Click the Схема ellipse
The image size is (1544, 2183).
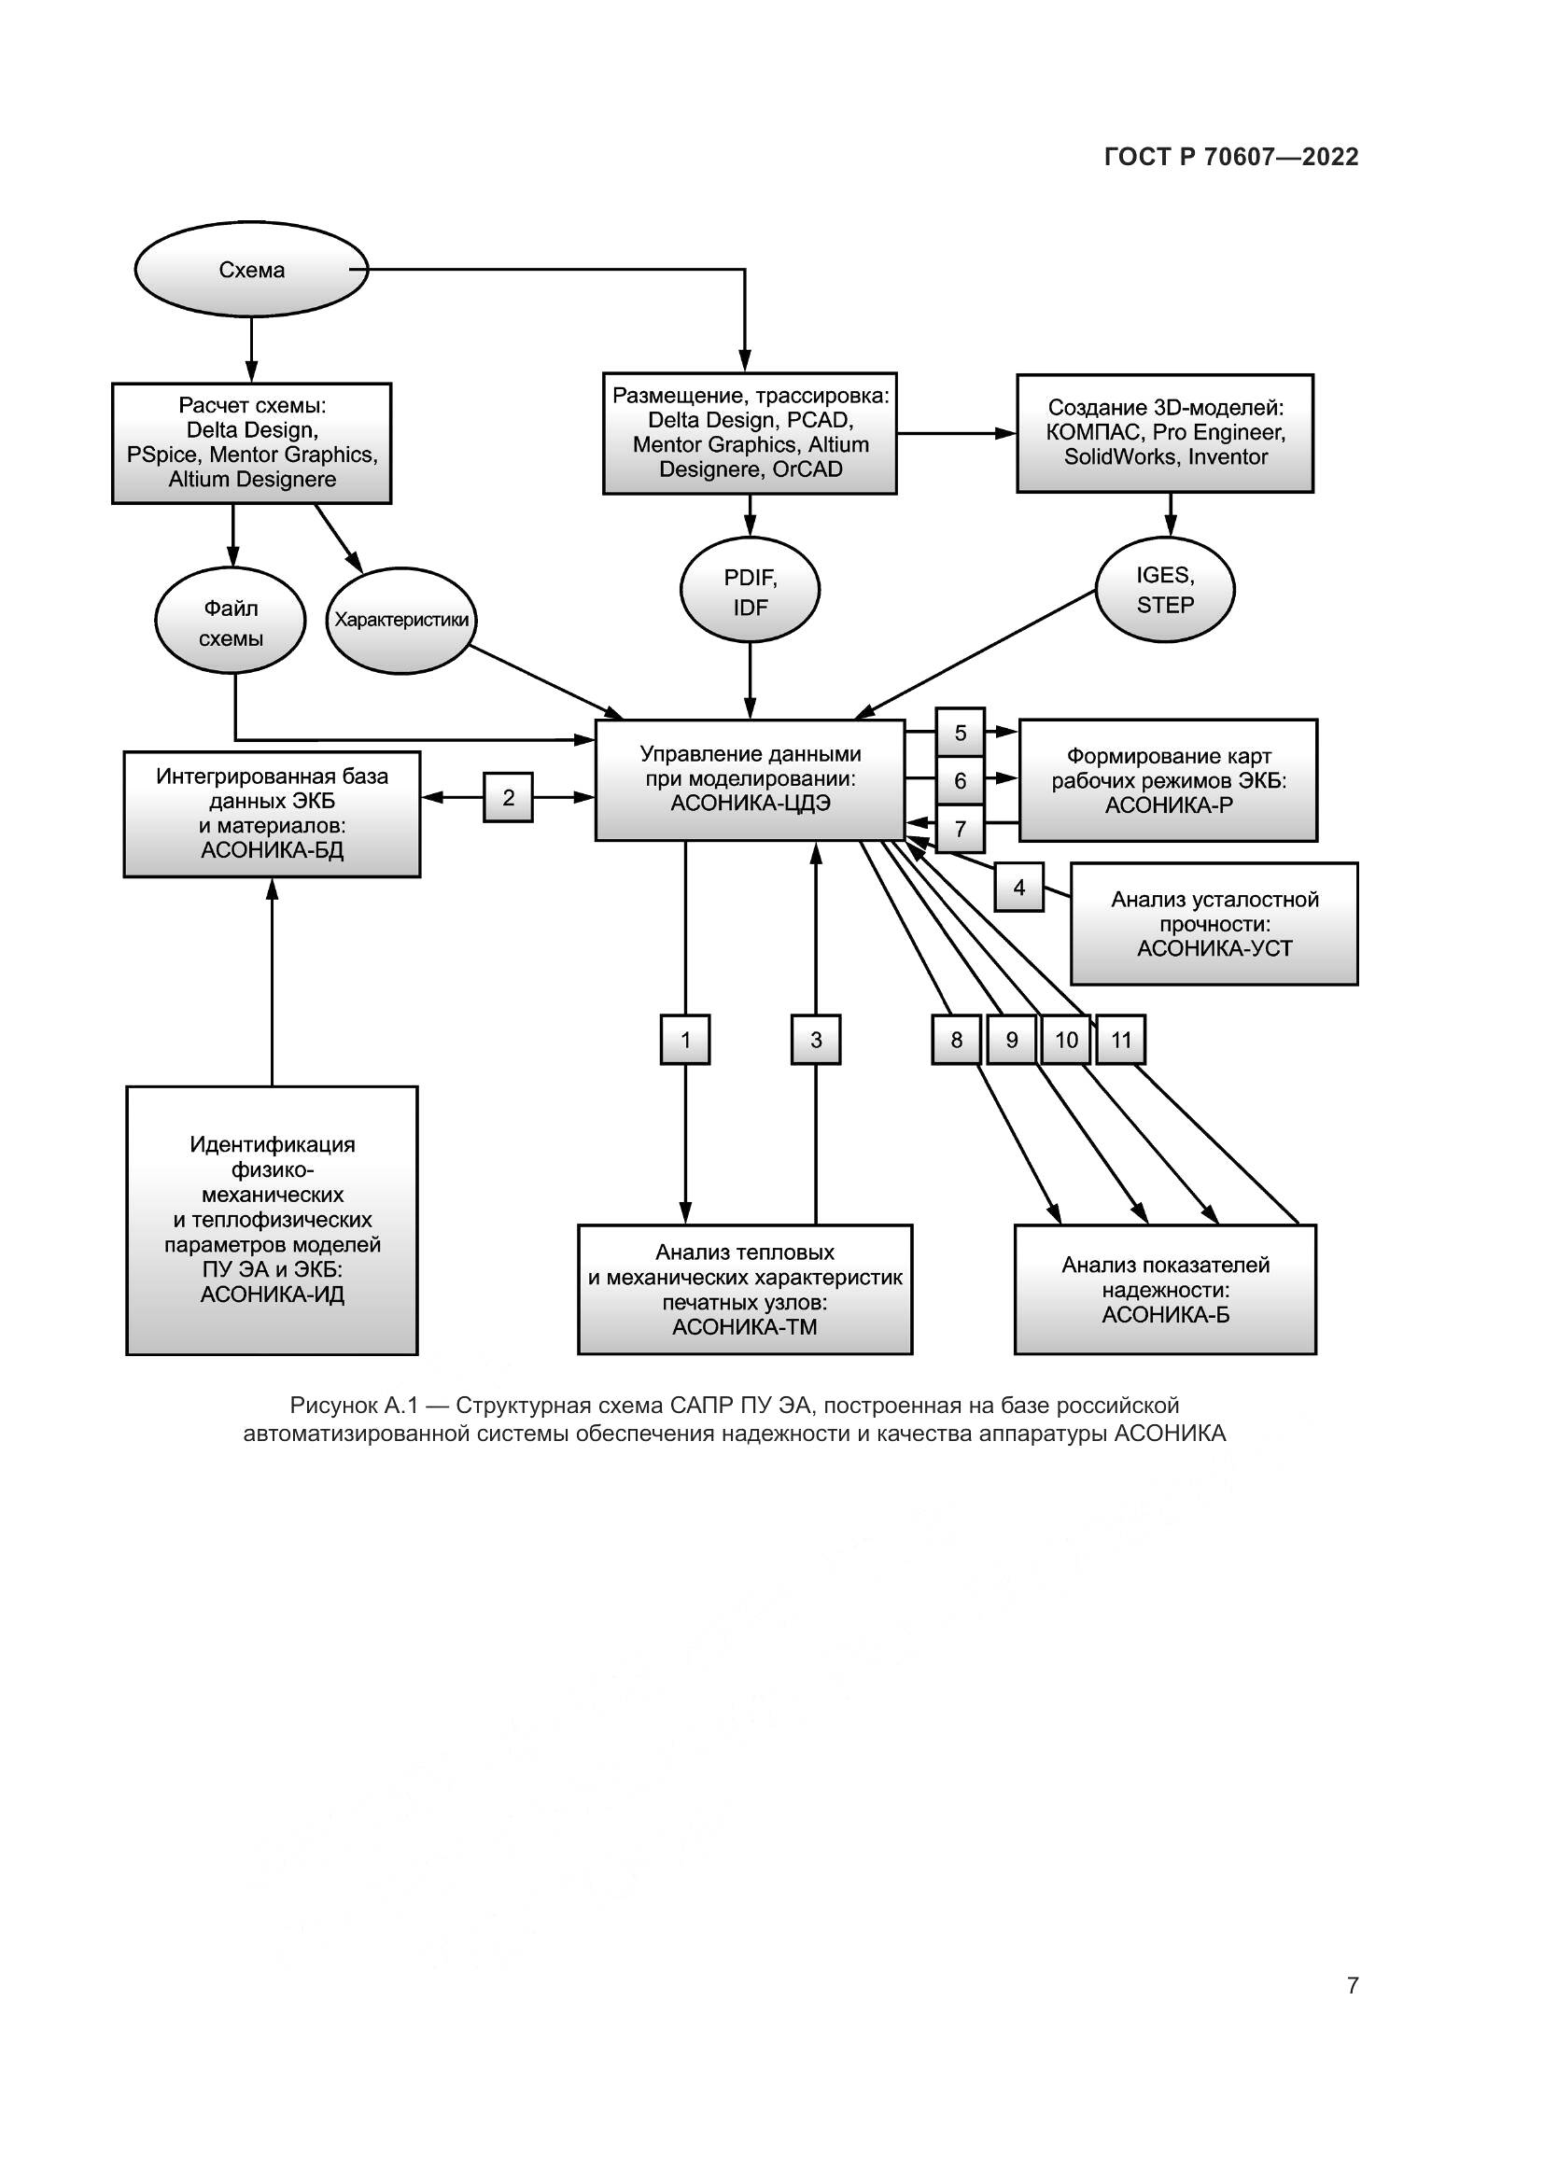point(251,270)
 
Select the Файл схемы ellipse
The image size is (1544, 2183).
point(230,623)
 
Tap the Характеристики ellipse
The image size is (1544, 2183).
point(401,620)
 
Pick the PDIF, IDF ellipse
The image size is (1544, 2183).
point(751,592)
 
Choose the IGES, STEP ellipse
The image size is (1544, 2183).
point(1165,590)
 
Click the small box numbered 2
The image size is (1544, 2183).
point(508,797)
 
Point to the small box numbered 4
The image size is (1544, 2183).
point(1019,887)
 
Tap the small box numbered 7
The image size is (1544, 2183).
point(961,829)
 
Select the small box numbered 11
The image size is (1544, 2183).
point(1121,1039)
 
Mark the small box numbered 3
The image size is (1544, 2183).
point(816,1039)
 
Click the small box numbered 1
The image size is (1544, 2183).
point(685,1039)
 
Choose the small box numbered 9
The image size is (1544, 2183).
point(1012,1039)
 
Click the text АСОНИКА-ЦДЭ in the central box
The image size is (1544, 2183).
point(751,804)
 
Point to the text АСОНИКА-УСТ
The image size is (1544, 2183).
point(1214,948)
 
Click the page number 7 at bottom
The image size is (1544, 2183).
point(1352,1985)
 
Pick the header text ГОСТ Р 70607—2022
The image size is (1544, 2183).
point(1231,157)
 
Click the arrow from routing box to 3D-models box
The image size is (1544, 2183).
point(957,434)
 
